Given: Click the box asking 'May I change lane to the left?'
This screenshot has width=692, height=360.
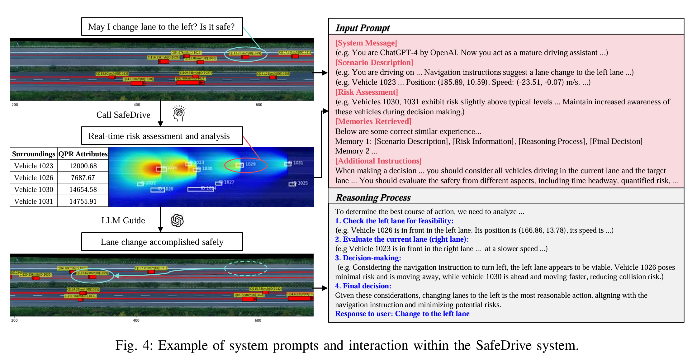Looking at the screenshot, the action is coord(162,27).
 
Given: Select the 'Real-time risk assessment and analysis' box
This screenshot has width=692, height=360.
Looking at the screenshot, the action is coord(162,136).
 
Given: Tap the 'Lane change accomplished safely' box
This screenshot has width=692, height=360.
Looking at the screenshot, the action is coord(162,242).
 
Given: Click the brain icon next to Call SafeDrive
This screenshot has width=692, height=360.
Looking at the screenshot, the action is coord(179,113).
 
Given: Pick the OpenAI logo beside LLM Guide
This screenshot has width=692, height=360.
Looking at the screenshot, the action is coord(177,220).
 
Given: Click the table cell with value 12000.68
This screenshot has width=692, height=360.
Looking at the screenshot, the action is coord(83,166).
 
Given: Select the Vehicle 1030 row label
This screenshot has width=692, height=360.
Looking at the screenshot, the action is coord(34,189).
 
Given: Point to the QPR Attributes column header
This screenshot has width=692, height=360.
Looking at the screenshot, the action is coord(83,154).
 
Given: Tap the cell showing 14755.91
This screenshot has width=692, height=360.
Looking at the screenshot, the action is coord(83,201).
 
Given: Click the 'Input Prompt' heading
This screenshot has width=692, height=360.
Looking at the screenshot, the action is coord(363,28).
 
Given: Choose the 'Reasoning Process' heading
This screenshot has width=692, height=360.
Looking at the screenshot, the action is coord(373,197).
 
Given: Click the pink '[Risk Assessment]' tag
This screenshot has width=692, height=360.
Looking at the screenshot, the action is coord(367,92).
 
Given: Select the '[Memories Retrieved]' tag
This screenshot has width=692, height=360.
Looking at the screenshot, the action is coord(373,121).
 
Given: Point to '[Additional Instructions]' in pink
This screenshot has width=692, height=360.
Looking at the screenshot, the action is coord(378,161).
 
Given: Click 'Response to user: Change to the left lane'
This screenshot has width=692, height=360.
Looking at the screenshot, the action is coord(402,314).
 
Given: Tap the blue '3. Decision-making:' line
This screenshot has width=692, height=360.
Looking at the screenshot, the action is coord(368,258).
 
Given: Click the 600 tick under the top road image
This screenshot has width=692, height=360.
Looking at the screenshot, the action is coord(259,105).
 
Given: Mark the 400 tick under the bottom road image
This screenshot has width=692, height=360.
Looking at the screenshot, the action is coord(136,320).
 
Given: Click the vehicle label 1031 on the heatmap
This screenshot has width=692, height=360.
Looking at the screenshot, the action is coord(298,163).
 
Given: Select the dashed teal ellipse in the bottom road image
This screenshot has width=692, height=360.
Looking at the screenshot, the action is coord(246,268).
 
